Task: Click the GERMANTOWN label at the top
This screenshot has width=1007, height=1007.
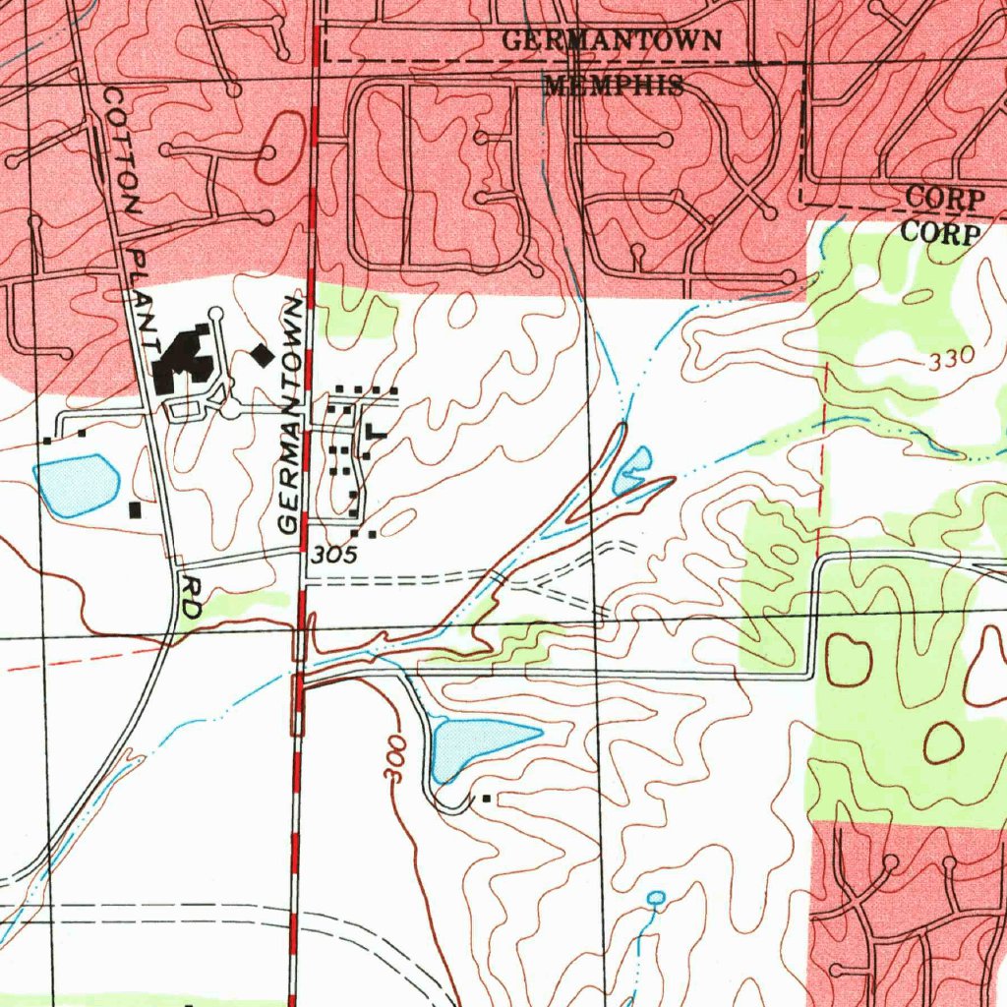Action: click(x=612, y=41)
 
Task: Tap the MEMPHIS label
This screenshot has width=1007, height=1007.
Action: click(x=614, y=86)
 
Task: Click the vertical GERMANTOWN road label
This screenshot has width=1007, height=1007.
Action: click(x=292, y=412)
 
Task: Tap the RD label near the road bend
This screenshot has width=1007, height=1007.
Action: click(x=191, y=597)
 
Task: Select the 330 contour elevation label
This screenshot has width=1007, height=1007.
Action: click(x=950, y=359)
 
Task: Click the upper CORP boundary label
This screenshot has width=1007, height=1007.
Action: click(x=944, y=198)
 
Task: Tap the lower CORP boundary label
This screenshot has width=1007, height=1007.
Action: click(x=941, y=234)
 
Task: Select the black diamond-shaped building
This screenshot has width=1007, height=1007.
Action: click(x=262, y=354)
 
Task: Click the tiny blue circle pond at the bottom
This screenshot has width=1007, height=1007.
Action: click(x=657, y=897)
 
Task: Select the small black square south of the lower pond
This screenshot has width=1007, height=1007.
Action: click(x=486, y=800)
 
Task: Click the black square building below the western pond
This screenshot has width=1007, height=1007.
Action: click(x=135, y=510)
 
